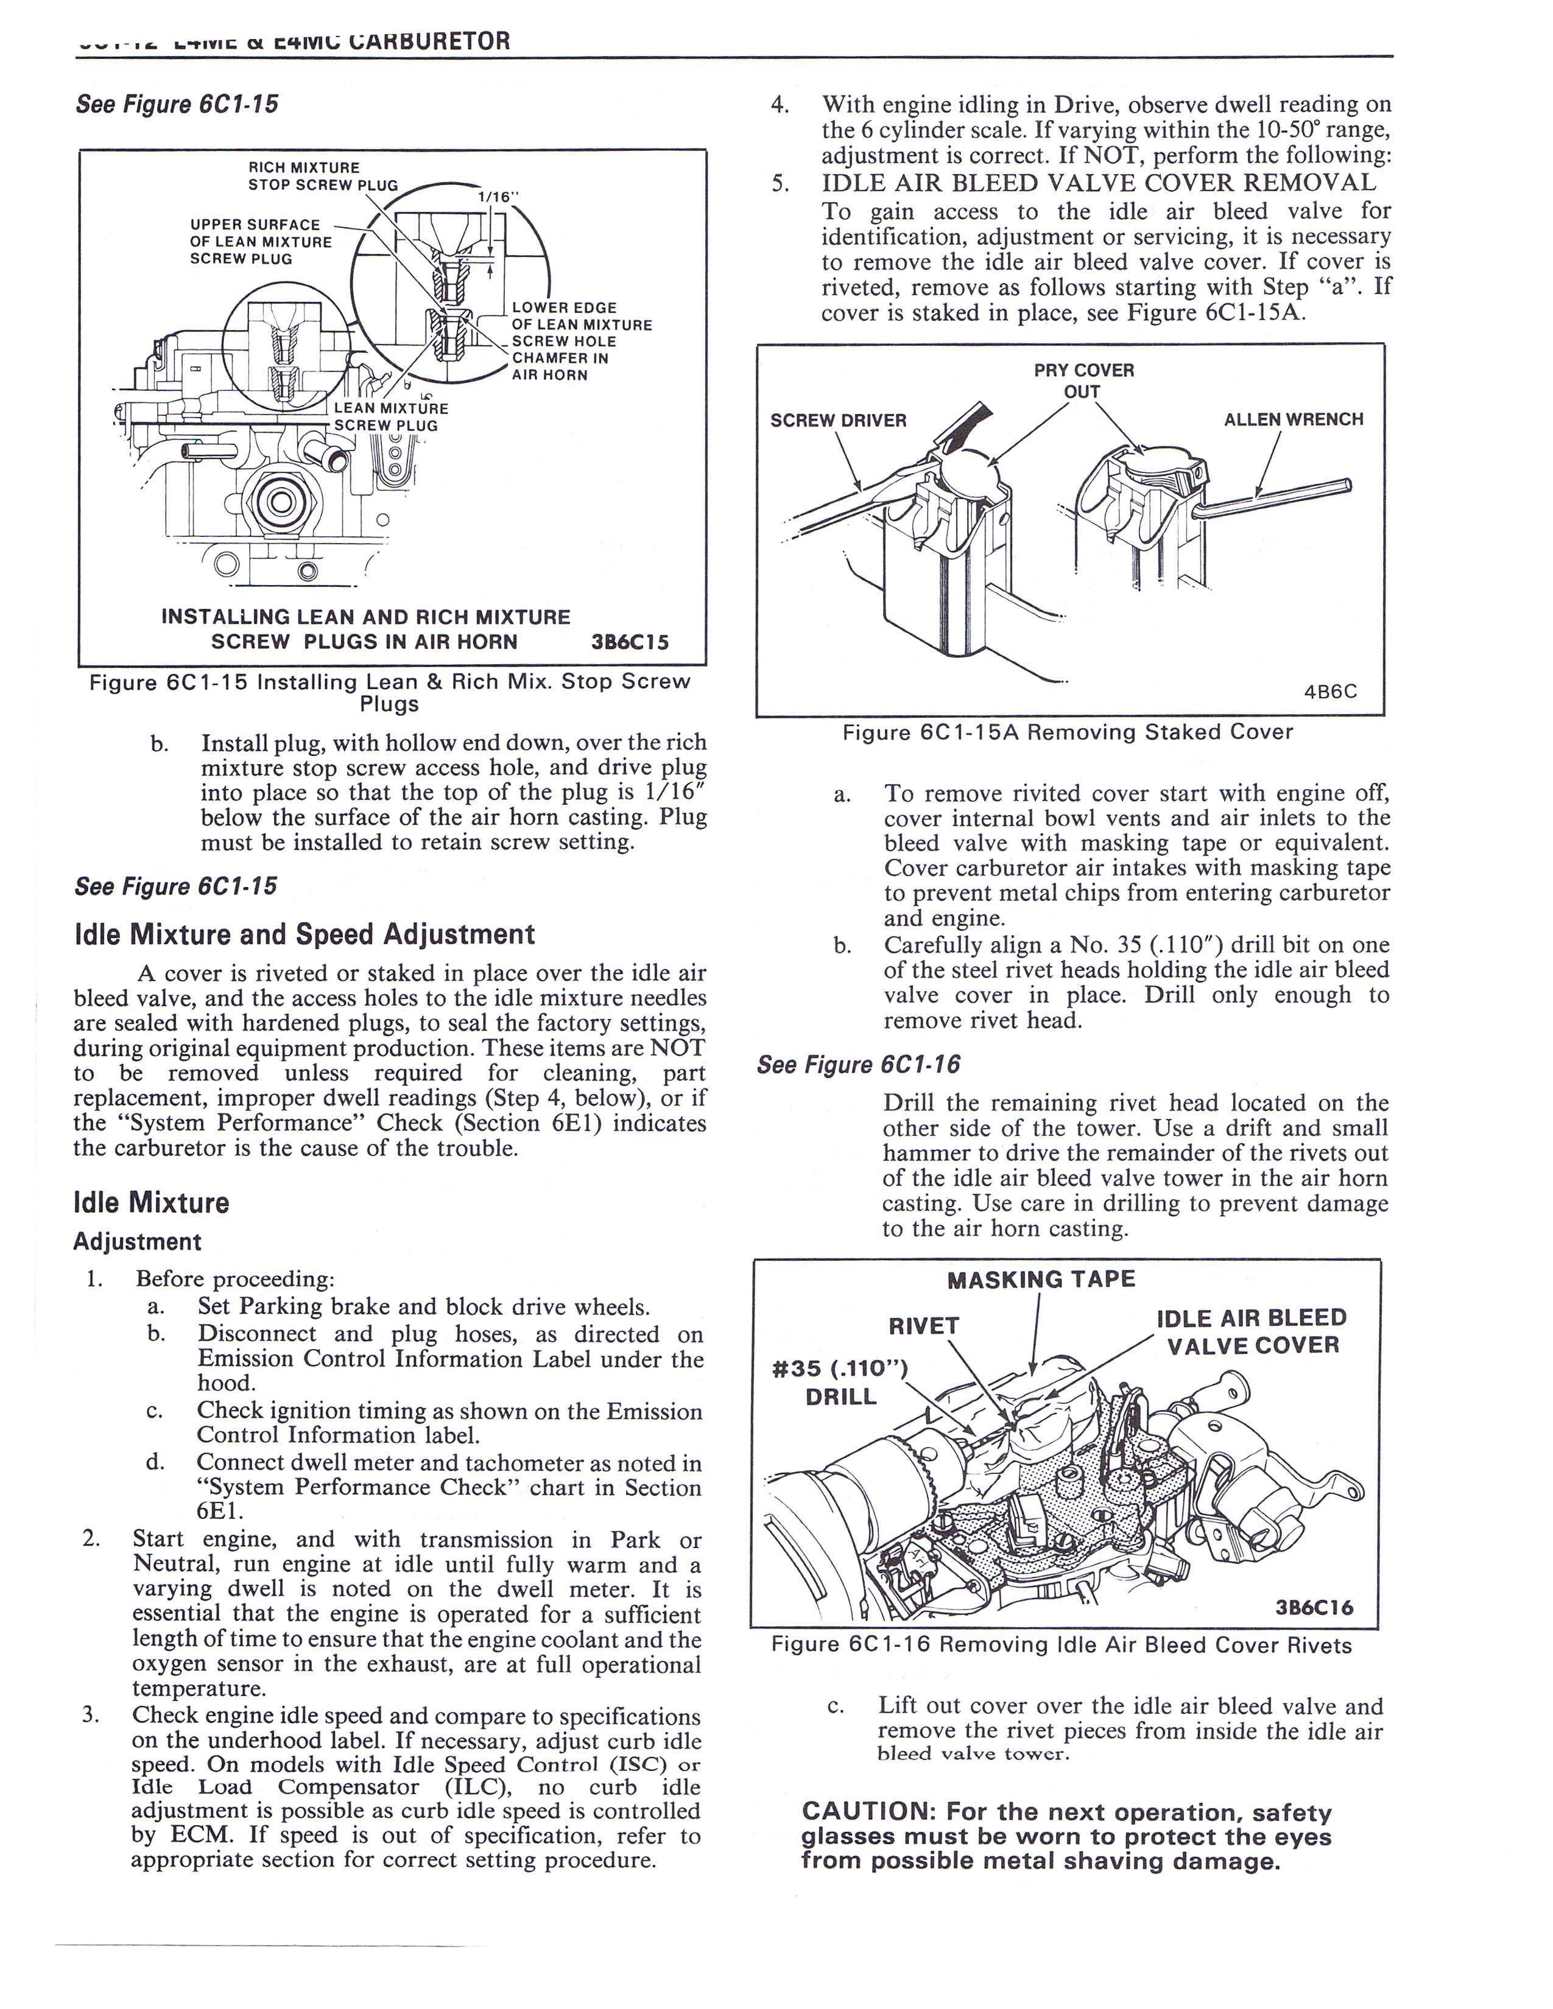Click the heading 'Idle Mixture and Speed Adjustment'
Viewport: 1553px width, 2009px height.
304,934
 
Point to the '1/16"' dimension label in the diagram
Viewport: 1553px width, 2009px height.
498,197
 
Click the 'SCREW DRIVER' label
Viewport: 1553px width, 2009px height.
838,421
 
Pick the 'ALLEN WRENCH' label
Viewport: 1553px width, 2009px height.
1292,419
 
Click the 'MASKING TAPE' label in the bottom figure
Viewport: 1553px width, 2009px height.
1041,1280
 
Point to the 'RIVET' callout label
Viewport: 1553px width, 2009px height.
924,1325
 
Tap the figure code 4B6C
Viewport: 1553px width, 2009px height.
1330,692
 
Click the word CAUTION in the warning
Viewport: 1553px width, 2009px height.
867,1813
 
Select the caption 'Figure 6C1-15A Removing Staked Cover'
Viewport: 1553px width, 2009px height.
1067,732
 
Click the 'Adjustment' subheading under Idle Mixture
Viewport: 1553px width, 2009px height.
137,1242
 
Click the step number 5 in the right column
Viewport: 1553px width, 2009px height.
780,183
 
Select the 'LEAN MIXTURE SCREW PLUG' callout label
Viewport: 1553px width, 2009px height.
390,416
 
